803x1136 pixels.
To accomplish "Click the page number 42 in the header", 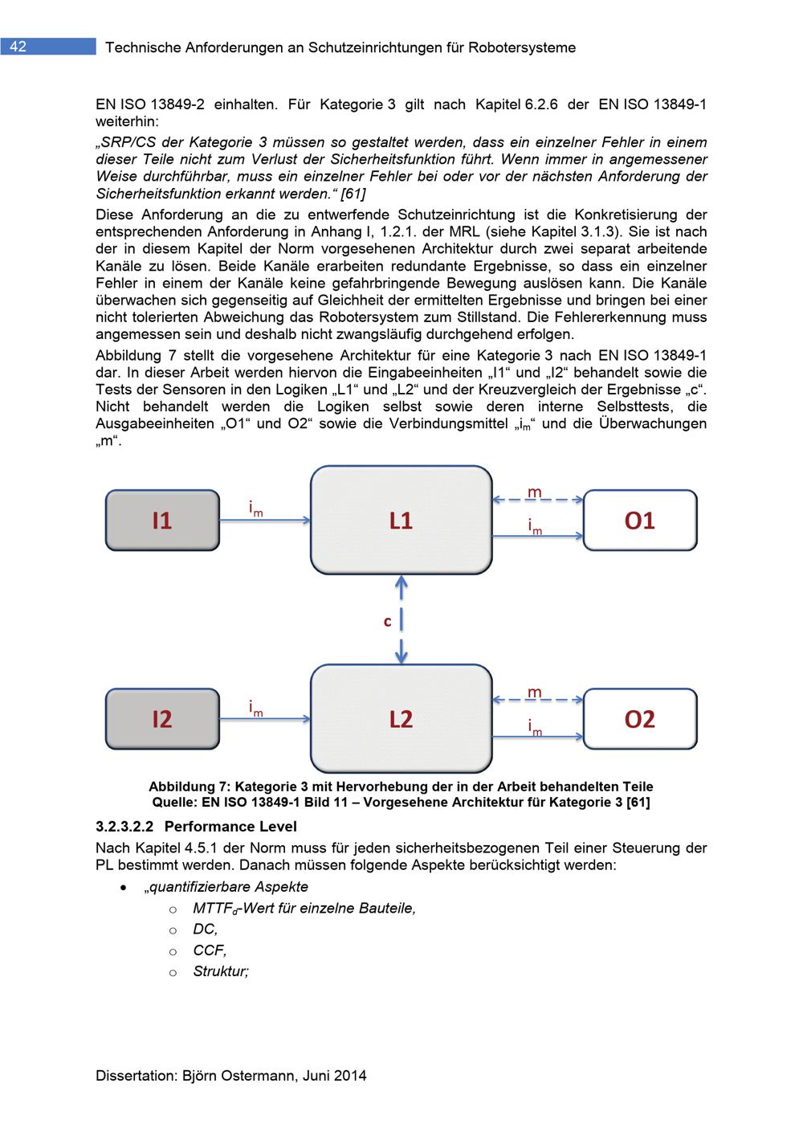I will [x=18, y=47].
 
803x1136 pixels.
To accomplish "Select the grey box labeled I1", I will [x=162, y=521].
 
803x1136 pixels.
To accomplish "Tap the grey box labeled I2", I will [x=162, y=718].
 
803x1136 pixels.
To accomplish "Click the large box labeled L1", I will [x=401, y=521].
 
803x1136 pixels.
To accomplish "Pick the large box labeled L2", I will [x=401, y=718].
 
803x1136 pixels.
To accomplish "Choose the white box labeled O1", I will [x=640, y=521].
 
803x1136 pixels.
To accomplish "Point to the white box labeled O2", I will [x=640, y=718].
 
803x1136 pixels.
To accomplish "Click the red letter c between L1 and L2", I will [x=387, y=621].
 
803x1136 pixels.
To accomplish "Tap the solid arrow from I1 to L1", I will [x=265, y=521].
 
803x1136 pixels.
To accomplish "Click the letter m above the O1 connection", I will [x=534, y=491].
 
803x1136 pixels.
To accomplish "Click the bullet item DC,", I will [x=205, y=929].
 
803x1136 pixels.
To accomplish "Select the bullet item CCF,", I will [x=210, y=950].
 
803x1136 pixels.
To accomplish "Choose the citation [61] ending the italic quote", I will [x=353, y=194].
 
